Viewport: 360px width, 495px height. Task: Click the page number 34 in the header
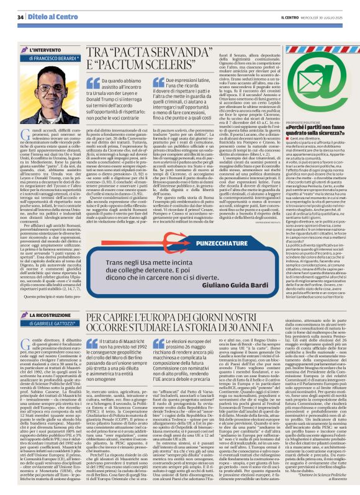coord(20,17)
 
